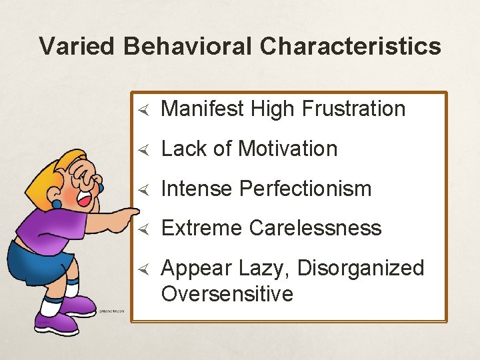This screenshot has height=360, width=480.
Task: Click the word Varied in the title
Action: click(78, 47)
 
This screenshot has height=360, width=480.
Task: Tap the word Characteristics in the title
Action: click(351, 47)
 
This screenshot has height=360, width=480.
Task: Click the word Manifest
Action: click(203, 109)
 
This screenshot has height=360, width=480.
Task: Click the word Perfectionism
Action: click(305, 189)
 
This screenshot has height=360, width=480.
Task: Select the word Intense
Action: click(197, 189)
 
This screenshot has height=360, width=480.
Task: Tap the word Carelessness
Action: click(315, 228)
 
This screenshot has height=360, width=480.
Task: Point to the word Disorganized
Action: click(361, 268)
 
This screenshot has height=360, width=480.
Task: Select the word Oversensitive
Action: click(227, 294)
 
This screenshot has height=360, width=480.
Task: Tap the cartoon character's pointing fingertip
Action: click(136, 211)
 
